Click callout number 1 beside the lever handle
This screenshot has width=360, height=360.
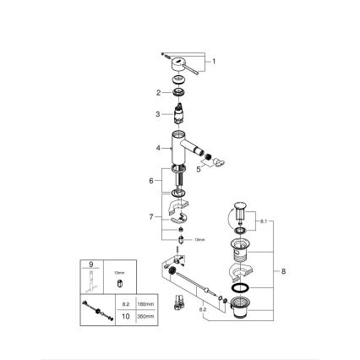click(x=215, y=62)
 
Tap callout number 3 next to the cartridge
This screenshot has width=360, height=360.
click(x=156, y=113)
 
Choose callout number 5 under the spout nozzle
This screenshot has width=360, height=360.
click(x=200, y=169)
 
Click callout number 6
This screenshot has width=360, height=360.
click(x=152, y=181)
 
